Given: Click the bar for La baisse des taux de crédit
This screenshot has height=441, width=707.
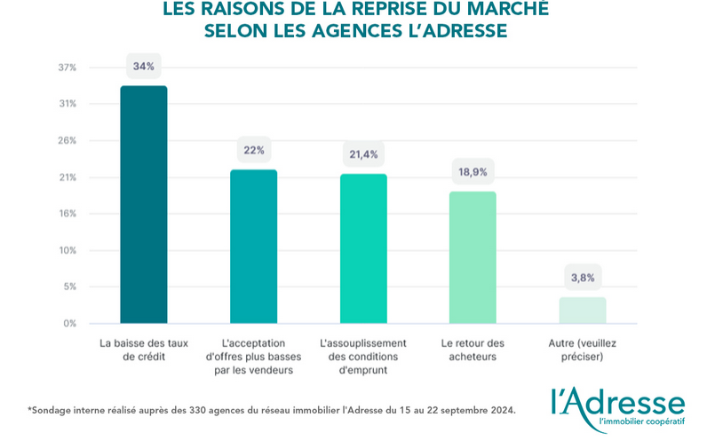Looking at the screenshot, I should click(x=144, y=204).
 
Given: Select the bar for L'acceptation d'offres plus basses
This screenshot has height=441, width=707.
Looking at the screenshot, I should click(x=253, y=246).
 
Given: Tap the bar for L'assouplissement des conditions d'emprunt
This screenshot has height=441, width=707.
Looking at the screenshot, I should click(x=363, y=248).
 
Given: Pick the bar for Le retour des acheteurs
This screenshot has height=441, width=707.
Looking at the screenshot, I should click(x=473, y=257).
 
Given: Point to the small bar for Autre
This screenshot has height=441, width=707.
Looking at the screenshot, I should click(x=583, y=310).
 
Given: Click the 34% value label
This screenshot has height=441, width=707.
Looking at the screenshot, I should click(x=144, y=67).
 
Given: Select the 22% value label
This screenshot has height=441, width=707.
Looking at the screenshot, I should click(x=254, y=150).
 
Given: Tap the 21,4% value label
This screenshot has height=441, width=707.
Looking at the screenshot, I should click(x=363, y=154).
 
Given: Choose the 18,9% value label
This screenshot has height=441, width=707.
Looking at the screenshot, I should click(x=473, y=172).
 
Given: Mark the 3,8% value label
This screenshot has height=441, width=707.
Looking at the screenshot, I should click(x=583, y=278).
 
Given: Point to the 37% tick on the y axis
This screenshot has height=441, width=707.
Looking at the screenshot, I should click(x=68, y=67).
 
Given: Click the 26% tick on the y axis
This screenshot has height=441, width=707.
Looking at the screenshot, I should click(x=68, y=140).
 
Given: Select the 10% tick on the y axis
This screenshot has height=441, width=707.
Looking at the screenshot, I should click(x=68, y=250).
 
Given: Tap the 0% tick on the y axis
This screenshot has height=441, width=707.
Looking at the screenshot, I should click(x=69, y=323).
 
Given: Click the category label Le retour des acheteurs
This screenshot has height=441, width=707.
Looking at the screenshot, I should click(x=473, y=350).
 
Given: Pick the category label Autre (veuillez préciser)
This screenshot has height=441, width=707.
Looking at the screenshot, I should click(x=583, y=350).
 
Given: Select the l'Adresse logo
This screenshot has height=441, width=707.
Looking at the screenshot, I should click(x=618, y=406).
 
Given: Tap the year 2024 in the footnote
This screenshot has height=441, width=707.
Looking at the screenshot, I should click(x=498, y=410).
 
